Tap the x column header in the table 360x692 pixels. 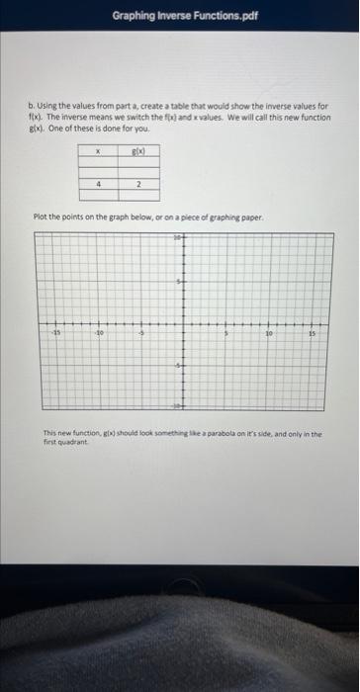point(100,151)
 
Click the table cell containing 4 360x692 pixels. point(100,183)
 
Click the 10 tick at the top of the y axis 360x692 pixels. point(178,238)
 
